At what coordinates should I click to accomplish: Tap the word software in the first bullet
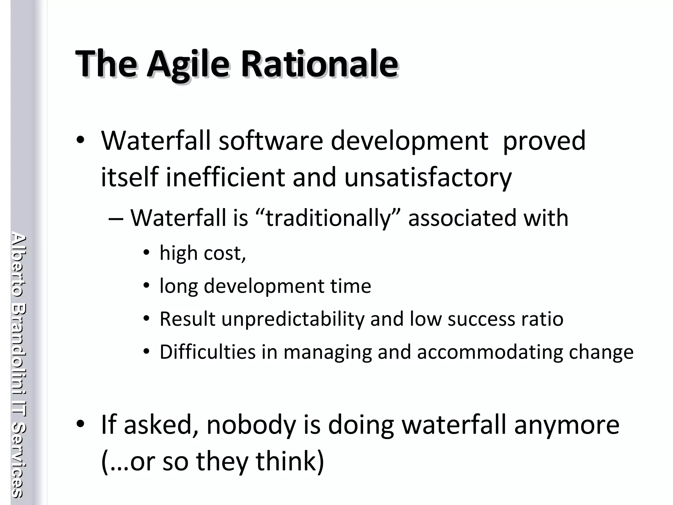point(271,141)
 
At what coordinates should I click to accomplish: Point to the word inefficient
point(225,177)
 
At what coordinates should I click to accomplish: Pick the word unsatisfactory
point(428,178)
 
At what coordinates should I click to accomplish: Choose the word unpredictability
point(293,319)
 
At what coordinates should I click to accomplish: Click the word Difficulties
point(207,352)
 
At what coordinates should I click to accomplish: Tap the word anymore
point(567,425)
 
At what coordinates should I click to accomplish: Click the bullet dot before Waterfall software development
point(80,140)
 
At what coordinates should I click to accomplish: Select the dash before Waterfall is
point(116,219)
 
